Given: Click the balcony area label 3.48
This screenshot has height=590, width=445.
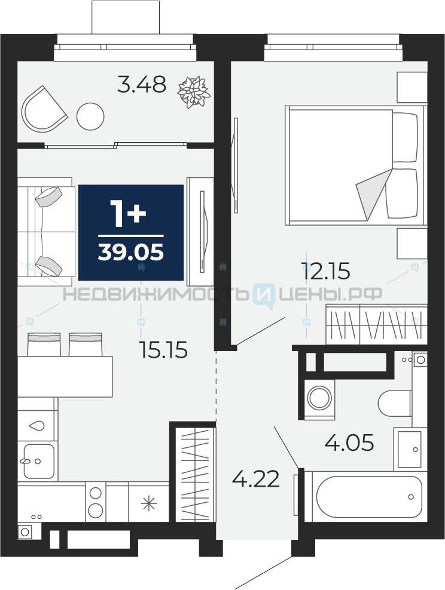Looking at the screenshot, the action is [x=142, y=84].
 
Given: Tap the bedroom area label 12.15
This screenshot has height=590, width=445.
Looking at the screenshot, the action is [x=326, y=271].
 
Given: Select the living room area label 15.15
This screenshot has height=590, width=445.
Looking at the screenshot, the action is [x=163, y=350].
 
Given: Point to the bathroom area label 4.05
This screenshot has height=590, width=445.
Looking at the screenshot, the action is [x=349, y=442].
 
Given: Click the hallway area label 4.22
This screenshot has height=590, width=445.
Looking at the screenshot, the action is [x=256, y=479].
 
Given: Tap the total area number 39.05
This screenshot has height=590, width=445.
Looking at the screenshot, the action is [x=131, y=252].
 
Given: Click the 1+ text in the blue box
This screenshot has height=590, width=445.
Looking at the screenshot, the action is [x=128, y=213].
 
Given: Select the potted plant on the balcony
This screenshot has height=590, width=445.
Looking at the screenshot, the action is [x=194, y=92].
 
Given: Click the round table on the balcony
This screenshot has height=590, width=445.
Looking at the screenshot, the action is [x=90, y=116].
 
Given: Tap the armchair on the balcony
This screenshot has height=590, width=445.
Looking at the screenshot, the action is [x=44, y=110].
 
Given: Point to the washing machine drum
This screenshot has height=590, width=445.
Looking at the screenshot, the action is [x=319, y=397].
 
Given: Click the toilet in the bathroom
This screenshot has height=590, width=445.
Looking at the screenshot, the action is [x=395, y=403].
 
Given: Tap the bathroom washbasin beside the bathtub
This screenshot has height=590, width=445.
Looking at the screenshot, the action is [x=410, y=449].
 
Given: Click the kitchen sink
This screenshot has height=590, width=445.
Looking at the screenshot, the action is [x=39, y=461].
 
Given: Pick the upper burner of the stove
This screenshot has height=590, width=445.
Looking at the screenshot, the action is [x=95, y=493].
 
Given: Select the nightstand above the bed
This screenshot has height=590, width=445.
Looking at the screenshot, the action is [x=412, y=87].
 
